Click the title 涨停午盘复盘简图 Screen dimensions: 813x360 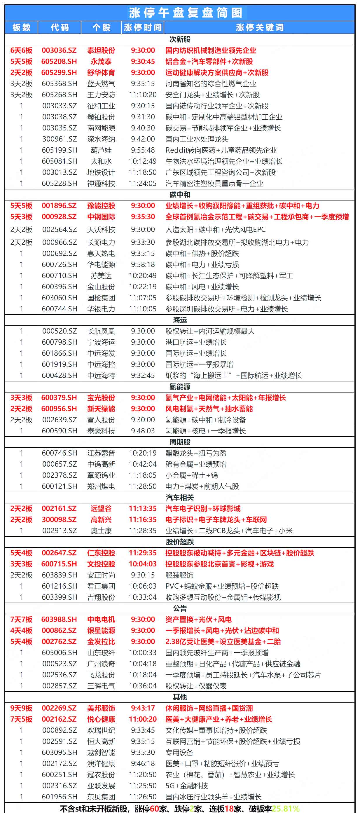point(186,13)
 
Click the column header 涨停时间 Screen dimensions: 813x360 point(143,27)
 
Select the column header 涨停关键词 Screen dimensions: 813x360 point(259,27)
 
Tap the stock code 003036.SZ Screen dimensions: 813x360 point(59,50)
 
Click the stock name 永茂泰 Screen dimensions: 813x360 point(101,61)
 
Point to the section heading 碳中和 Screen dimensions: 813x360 point(180,194)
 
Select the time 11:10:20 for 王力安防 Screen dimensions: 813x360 point(143,95)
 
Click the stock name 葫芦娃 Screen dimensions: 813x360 point(101,150)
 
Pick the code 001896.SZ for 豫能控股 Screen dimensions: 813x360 point(59,205)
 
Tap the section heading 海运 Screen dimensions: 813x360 point(180,320)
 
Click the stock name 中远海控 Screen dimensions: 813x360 point(101,364)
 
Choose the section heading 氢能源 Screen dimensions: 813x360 point(180,387)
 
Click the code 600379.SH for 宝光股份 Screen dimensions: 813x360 point(59,398)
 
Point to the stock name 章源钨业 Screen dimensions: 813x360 point(101,475)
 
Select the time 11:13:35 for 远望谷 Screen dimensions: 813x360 point(143,508)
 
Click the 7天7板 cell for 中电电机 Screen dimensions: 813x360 point(21,619)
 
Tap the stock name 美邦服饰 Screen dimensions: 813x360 point(101,708)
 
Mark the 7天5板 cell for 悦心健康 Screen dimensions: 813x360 point(21,719)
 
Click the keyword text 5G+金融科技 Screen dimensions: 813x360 point(186,786)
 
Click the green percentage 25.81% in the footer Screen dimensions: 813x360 point(286,808)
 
